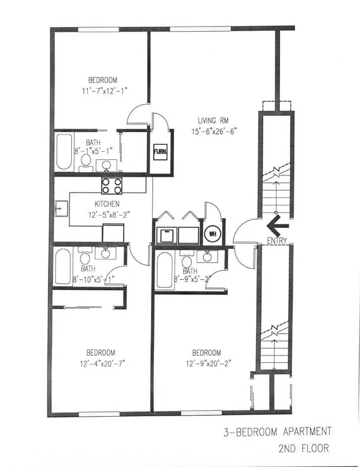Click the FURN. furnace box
click(x=158, y=152)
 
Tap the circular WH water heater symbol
click(x=212, y=234)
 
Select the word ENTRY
click(x=277, y=240)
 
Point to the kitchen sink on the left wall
click(x=61, y=209)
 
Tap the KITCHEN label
click(x=107, y=204)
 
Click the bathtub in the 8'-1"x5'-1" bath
click(x=64, y=152)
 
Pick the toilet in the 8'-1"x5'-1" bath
click(x=86, y=160)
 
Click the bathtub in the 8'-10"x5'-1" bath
click(x=63, y=266)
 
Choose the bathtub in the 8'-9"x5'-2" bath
click(x=164, y=271)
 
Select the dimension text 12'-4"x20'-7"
click(x=100, y=363)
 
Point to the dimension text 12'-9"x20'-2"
click(x=206, y=363)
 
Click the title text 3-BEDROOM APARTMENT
click(x=277, y=432)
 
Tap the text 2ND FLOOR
click(x=301, y=448)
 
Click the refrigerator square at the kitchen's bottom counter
click(x=113, y=233)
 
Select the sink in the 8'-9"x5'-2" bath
click(x=207, y=256)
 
